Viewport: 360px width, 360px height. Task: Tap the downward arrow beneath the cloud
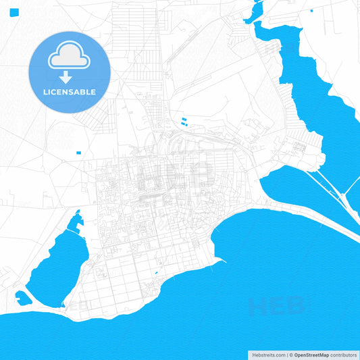tap(66, 76)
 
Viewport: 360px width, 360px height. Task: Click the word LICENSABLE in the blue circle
tap(70, 92)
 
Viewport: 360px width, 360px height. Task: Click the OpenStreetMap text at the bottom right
tap(311, 354)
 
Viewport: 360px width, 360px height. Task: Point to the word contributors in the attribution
tap(344, 354)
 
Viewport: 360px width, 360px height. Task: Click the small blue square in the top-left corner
tap(15, 13)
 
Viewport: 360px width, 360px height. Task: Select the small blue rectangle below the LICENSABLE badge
tap(78, 152)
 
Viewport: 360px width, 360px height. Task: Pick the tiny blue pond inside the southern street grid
tap(157, 273)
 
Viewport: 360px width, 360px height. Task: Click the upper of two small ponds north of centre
tap(183, 120)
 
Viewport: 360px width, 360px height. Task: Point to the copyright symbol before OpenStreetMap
tap(291, 354)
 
